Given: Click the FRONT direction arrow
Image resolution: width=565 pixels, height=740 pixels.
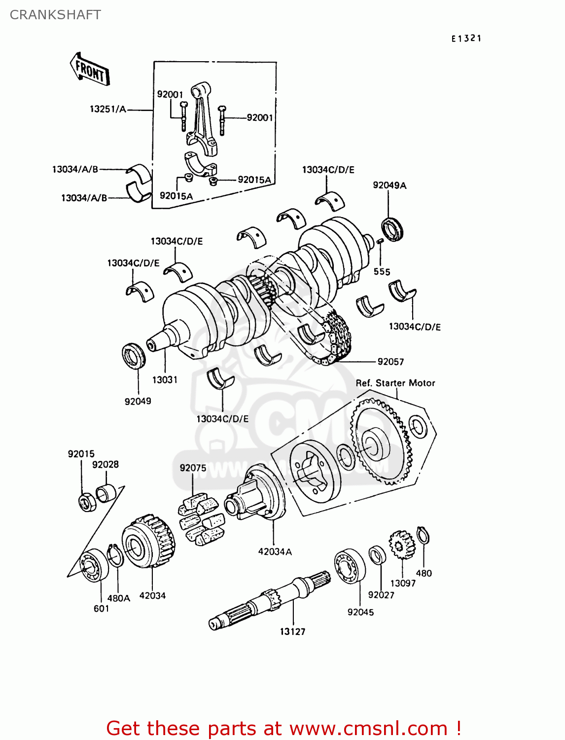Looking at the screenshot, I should pos(90,70).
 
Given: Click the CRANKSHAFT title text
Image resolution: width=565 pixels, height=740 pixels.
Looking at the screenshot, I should pos(55,15).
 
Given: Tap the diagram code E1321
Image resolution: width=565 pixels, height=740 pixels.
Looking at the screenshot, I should pos(466,38).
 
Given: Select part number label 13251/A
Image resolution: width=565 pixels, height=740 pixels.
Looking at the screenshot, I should pos(107,109).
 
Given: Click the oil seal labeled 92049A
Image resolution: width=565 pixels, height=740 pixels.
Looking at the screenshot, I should pos(393,229).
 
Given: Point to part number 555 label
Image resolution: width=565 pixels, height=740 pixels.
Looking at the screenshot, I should pos(382,272).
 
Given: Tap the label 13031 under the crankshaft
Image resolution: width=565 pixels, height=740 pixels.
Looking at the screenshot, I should pos(165,380).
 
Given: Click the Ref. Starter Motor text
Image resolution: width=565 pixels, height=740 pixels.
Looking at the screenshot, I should pos(395,383).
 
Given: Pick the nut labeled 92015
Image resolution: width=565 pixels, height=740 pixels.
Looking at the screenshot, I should pos(87,502).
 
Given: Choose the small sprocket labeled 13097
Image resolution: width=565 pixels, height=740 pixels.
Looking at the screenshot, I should pos(401,545).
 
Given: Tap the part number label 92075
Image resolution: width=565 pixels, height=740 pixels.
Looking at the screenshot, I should pos(193,468).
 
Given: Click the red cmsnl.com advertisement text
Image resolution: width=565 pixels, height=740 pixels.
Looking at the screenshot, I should pos(283,728).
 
